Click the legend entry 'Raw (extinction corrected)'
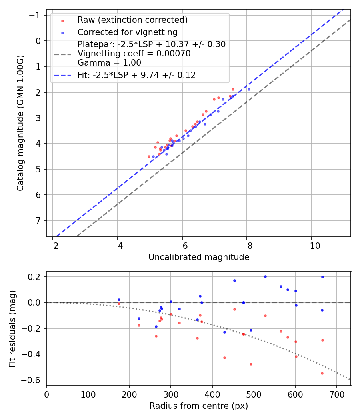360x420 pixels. coord(132,20)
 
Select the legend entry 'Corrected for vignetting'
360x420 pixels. coord(127,32)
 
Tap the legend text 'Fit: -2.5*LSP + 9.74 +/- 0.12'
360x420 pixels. coord(136,75)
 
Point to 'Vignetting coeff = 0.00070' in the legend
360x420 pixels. coord(134,54)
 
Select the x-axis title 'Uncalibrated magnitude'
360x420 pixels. coord(199,257)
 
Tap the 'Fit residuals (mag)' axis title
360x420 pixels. coord(12,328)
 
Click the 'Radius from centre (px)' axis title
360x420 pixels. coord(199,406)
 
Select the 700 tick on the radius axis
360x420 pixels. coord(336,394)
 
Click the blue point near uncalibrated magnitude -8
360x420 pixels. coord(249,89)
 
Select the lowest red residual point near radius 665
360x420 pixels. coord(322,373)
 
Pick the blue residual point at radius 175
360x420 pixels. coord(119,300)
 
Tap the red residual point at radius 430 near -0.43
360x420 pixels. coord(224,358)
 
